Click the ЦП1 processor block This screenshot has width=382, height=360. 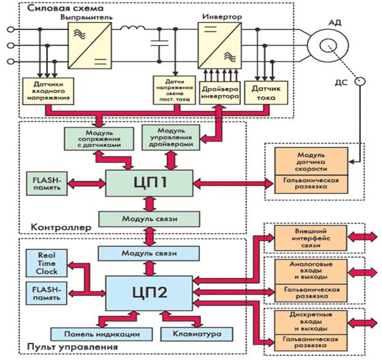coord(149,183)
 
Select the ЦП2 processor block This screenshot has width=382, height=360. coord(149,293)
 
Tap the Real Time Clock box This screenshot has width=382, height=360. coord(47,263)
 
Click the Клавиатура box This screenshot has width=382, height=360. coord(197,334)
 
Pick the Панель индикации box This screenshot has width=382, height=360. coord(102,334)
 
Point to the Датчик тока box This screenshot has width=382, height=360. coord(266,93)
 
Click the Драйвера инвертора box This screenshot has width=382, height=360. coord(220,93)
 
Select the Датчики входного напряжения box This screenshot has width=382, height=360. coord(48,91)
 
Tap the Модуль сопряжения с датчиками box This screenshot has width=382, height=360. coord(99,139)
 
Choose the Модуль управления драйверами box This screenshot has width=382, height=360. coord(170,138)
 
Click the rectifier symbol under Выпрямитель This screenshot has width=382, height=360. coord(90,45)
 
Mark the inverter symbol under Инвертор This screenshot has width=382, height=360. coord(219,45)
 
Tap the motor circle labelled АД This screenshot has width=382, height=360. coord(328,45)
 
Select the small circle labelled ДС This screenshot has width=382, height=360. coord(360,81)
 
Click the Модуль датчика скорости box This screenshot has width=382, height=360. coord(311,161)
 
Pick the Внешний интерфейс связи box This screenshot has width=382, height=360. coord(311,238)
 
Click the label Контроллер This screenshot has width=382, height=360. coord(61,227)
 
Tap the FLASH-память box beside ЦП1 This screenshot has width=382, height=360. coord(47,184)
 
